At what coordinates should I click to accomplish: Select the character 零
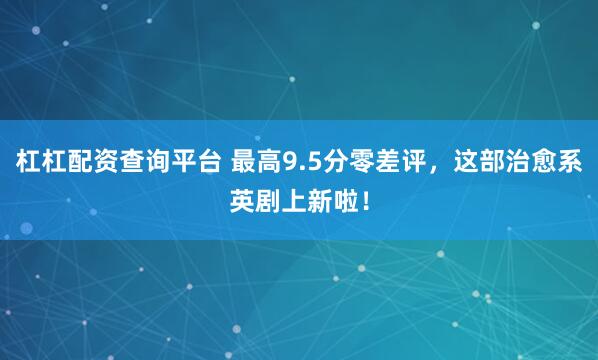point(358,160)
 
